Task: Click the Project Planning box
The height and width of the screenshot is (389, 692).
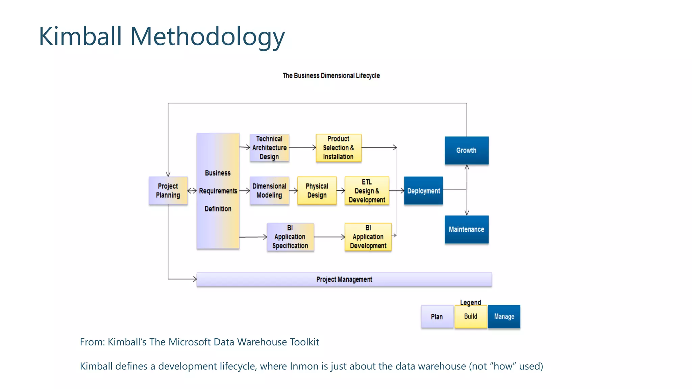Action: point(168,191)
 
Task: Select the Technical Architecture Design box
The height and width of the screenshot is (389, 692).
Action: point(269,148)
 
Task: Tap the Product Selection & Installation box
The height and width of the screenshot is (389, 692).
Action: point(339,148)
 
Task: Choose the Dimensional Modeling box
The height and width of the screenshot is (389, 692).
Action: point(269,191)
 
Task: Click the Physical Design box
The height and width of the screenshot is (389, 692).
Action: point(317,191)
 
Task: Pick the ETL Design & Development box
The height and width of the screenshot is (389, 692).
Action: point(367,191)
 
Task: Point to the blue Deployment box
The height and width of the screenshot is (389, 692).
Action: point(423,191)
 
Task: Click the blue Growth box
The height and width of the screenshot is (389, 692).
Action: point(466,151)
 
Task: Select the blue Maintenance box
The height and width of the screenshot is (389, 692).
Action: point(466,230)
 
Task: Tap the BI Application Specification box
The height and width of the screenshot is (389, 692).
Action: point(290,237)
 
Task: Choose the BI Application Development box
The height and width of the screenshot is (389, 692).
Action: point(368,237)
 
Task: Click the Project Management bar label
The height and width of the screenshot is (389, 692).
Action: point(344,280)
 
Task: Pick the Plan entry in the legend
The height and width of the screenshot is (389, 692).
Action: point(437,317)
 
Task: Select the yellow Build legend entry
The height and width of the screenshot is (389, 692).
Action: point(471,316)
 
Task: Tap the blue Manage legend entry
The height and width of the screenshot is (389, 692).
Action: point(504,316)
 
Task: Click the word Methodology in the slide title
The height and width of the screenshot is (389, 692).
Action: point(207,36)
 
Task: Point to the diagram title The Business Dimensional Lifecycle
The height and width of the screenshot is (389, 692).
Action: point(331,76)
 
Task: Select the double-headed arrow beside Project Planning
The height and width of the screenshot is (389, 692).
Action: point(192,191)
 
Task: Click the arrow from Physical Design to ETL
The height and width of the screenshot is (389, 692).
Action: point(341,191)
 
